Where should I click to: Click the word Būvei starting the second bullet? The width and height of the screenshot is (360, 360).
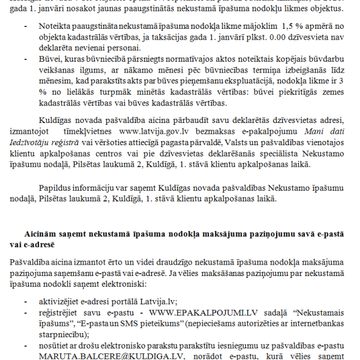coord(50,60)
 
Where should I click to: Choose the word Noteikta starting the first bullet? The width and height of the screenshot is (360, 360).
coord(55,27)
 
